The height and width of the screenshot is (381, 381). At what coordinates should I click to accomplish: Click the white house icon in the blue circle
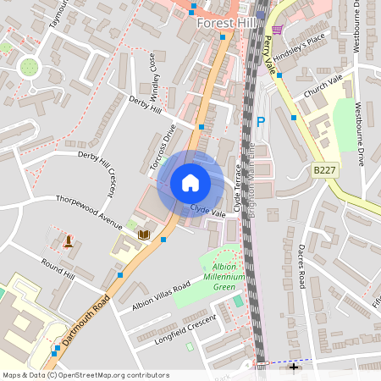[190, 183]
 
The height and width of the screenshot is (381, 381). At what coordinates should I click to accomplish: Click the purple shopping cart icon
[277, 29]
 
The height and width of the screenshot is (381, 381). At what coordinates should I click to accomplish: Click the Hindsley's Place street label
[304, 40]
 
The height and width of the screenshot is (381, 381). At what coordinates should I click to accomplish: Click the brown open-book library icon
[144, 235]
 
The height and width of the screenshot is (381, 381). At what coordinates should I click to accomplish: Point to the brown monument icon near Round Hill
[68, 242]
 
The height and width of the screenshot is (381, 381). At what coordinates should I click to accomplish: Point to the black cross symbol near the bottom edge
[294, 367]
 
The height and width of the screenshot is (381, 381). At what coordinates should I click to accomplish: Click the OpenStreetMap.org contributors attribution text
[113, 375]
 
